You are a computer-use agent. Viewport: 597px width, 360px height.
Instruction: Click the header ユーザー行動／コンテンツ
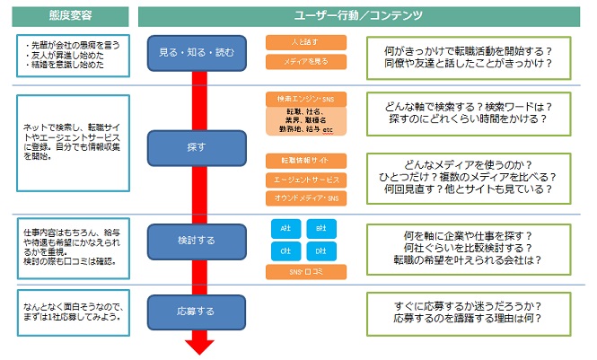click(x=364, y=15)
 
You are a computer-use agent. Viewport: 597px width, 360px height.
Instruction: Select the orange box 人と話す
click(x=306, y=42)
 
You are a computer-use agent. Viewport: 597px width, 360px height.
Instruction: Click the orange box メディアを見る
click(x=306, y=62)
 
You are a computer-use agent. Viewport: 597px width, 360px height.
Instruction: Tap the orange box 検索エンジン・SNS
click(x=306, y=98)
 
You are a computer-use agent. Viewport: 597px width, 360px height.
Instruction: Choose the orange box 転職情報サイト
click(x=306, y=161)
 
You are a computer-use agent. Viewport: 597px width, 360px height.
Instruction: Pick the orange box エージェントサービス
click(x=306, y=180)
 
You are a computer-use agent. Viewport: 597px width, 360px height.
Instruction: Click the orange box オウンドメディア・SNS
click(x=306, y=198)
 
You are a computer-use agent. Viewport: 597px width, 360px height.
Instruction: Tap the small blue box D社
click(x=320, y=250)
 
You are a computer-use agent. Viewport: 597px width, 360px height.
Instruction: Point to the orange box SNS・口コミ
click(x=306, y=271)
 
